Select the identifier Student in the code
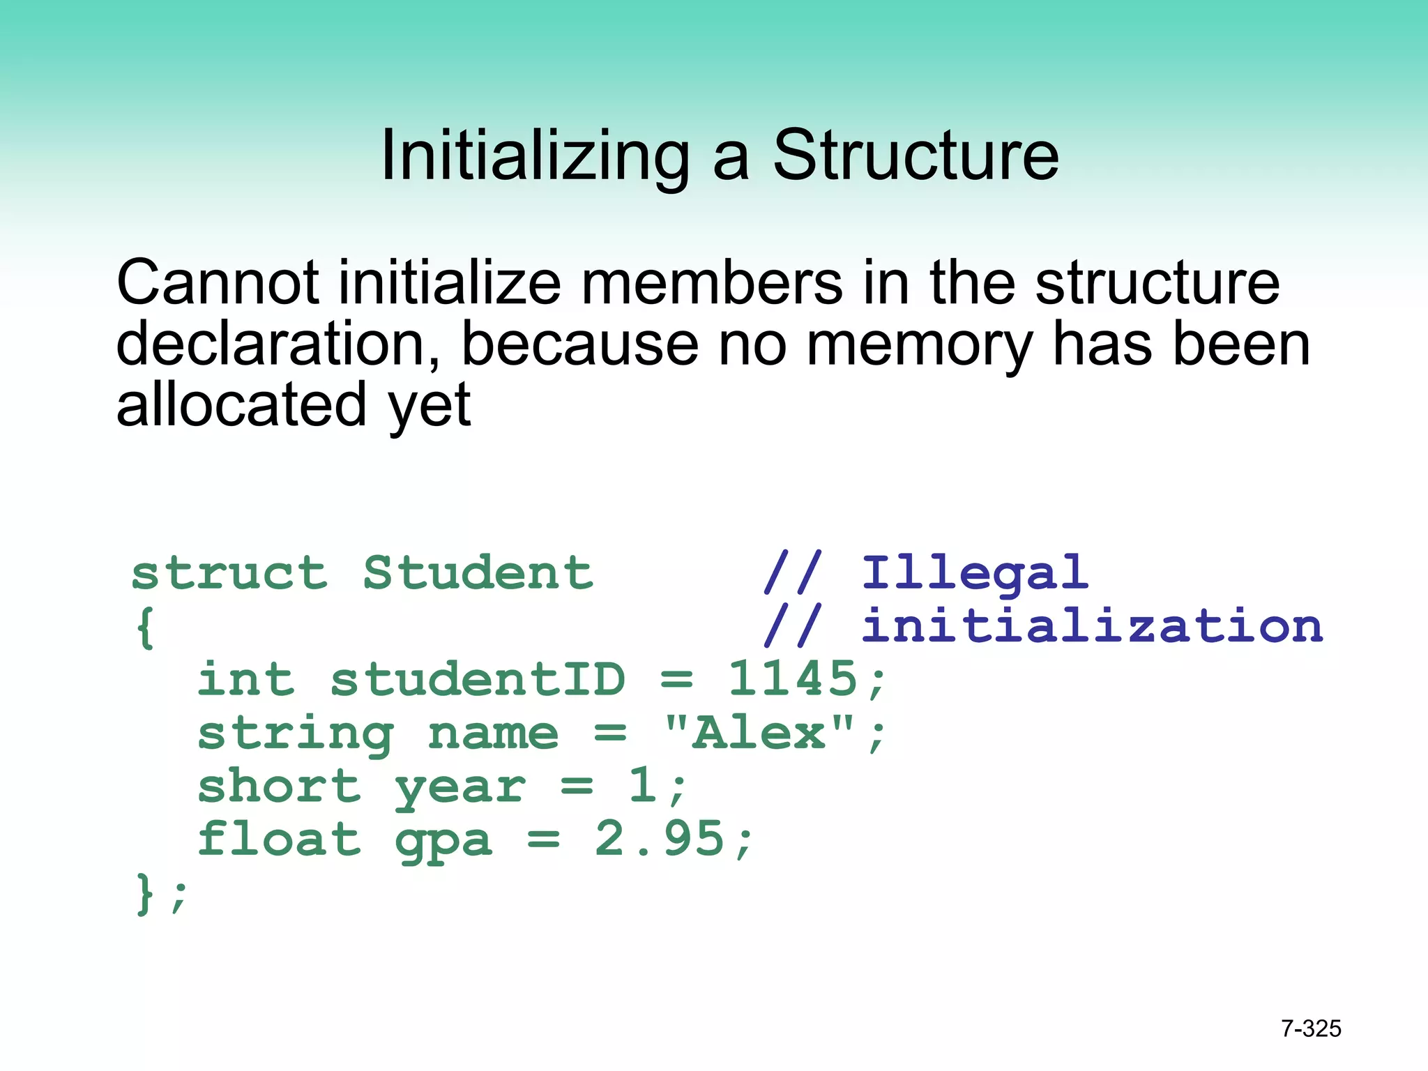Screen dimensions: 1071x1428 tap(478, 573)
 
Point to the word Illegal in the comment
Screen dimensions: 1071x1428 tap(975, 573)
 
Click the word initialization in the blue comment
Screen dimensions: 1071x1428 tap(1092, 625)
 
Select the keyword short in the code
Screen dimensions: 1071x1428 tap(279, 786)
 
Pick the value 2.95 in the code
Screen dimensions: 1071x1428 tap(659, 838)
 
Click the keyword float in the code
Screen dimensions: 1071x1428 tap(279, 838)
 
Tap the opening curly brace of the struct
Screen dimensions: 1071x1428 tap(145, 628)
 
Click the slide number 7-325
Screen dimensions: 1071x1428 tap(1311, 1028)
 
